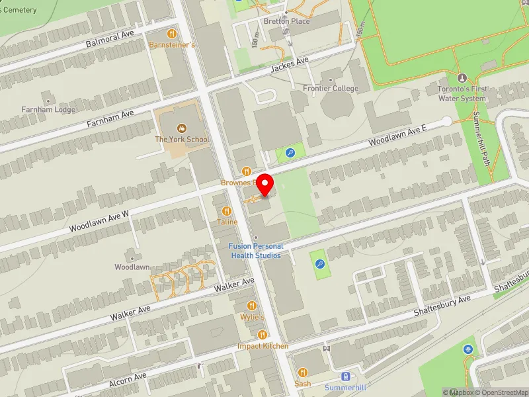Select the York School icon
pos(181,128)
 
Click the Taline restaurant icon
pos(227,211)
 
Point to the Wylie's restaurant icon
pos(252,306)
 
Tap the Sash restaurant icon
pos(303,373)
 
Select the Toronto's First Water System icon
pos(462,77)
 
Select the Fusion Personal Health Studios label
pos(255,251)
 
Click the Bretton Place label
pos(287,21)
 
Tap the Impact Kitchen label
pos(263,346)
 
